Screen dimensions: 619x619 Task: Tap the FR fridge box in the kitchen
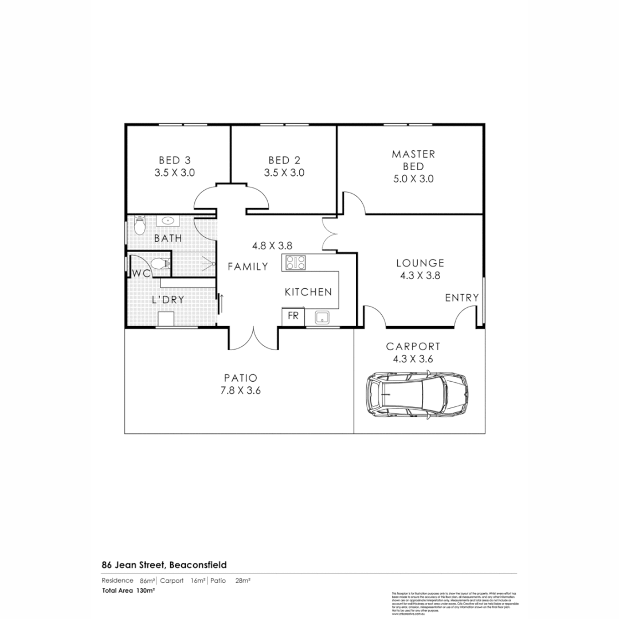pos(293,316)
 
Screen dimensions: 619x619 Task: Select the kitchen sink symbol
pos(322,316)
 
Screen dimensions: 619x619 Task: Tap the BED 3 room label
pos(175,160)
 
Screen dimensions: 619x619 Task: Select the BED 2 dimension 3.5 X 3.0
pos(284,173)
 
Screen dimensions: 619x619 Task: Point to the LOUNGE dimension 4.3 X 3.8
pos(420,275)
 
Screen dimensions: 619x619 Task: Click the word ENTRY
pos(462,297)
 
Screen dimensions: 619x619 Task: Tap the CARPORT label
pos(413,347)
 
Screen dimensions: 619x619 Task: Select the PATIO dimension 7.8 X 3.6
pos(241,390)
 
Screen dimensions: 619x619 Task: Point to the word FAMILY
pos(248,267)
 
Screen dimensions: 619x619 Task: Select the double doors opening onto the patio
pos(254,338)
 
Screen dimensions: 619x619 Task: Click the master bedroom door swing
pos(352,203)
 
